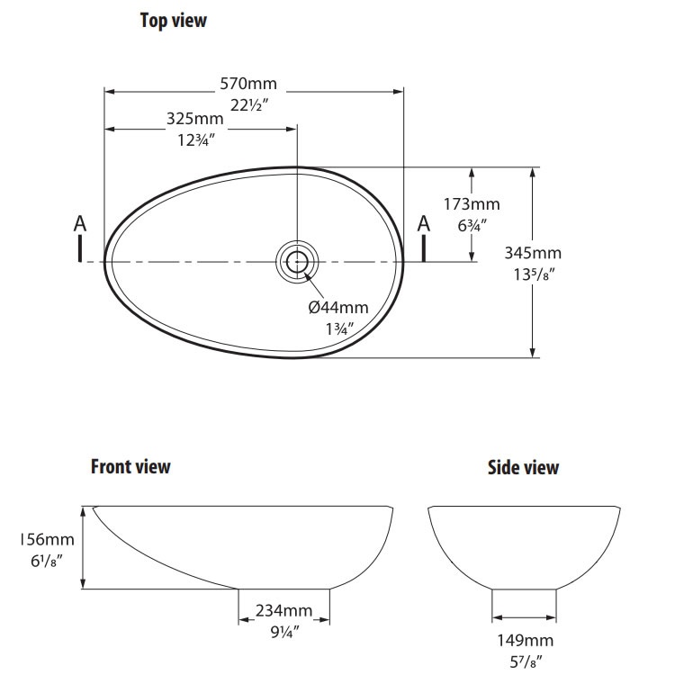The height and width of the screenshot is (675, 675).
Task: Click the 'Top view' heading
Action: pyautogui.click(x=173, y=20)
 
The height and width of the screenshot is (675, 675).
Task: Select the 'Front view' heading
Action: pyautogui.click(x=130, y=466)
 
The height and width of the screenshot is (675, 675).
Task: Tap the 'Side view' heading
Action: pyautogui.click(x=523, y=467)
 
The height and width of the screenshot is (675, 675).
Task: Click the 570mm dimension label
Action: pyautogui.click(x=248, y=85)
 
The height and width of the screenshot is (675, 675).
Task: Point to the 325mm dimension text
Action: pyautogui.click(x=194, y=119)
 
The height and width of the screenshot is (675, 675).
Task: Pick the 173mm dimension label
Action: pyautogui.click(x=472, y=204)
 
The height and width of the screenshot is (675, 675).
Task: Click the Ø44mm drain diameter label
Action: pyautogui.click(x=338, y=308)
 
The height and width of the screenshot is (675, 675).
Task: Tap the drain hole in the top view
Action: pyautogui.click(x=296, y=261)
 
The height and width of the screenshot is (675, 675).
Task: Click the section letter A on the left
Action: pyautogui.click(x=80, y=223)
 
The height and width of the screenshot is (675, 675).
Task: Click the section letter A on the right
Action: pyautogui.click(x=423, y=223)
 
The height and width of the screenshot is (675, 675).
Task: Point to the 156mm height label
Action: pyautogui.click(x=46, y=540)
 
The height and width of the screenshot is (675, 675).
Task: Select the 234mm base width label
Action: pyautogui.click(x=284, y=611)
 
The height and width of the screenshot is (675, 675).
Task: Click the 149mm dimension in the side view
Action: pyautogui.click(x=526, y=641)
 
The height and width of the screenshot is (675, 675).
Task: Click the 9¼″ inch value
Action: pyautogui.click(x=284, y=632)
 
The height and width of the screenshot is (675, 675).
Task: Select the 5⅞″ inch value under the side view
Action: pyautogui.click(x=526, y=661)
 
